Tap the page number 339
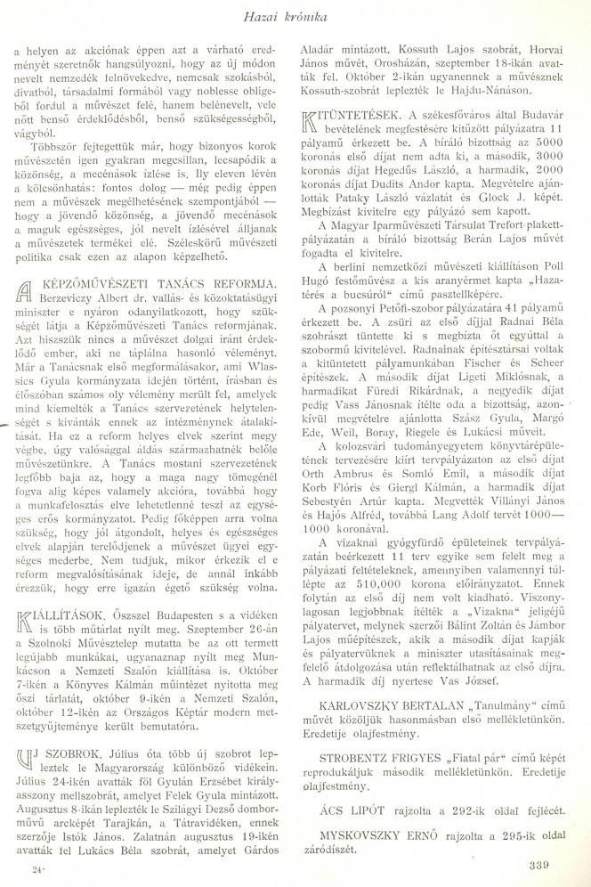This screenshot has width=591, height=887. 553,862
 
